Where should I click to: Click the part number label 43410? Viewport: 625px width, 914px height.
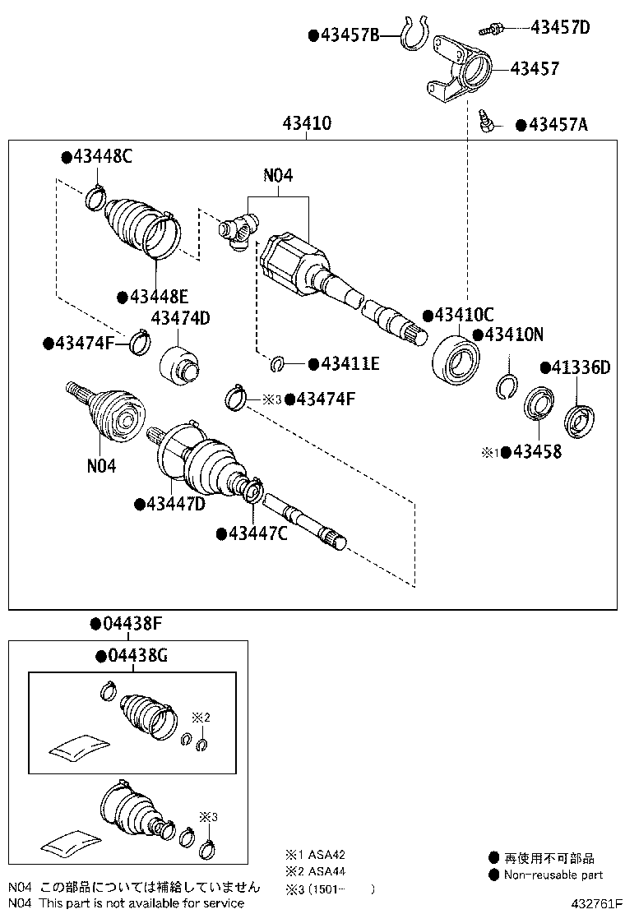307,124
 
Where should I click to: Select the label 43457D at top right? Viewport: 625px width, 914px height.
560,27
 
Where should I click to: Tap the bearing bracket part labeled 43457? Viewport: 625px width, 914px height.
457,72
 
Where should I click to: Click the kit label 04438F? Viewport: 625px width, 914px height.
126,624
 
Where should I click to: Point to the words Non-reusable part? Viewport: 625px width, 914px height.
553,875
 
